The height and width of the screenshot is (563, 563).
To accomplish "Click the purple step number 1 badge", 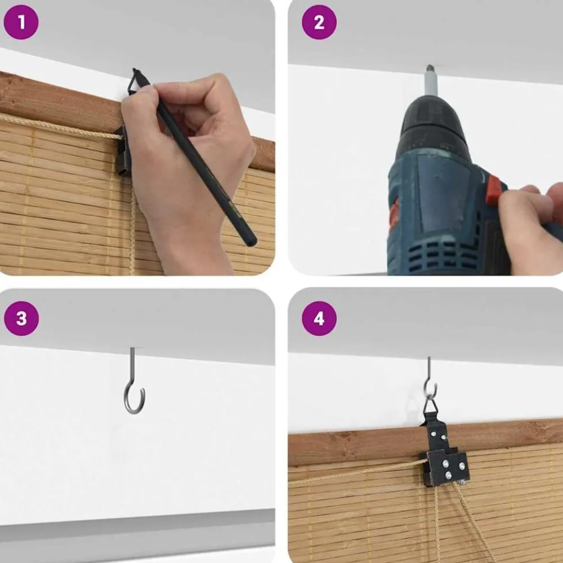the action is click(21, 23).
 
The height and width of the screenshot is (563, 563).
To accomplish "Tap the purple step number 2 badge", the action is click(319, 23).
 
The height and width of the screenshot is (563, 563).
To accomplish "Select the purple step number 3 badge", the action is click(21, 319).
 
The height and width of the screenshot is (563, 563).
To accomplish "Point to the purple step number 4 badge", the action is click(319, 319).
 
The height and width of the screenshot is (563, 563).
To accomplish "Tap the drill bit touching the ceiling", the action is click(431, 81).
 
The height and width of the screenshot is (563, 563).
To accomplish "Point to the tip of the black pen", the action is click(135, 70).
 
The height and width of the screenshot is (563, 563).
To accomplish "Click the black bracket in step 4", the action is click(445, 454).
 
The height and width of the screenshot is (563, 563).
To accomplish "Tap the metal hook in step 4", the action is click(430, 379).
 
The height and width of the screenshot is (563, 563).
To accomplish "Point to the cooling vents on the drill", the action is click(445, 256).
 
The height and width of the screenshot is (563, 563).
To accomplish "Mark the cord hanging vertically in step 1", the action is click(132, 230).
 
